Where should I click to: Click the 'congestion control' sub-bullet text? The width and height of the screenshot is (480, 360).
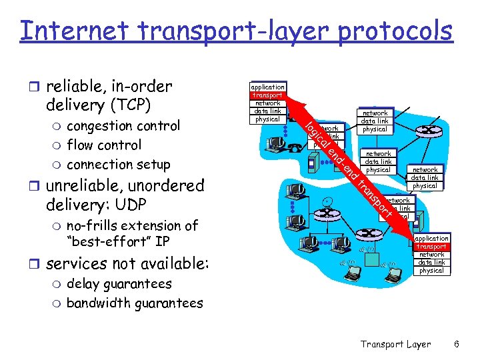point(123,126)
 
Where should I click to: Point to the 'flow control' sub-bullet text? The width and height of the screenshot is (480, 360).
point(104,145)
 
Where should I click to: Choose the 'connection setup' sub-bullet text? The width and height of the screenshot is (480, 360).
point(119,165)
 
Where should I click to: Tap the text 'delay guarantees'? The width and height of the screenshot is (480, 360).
point(119,284)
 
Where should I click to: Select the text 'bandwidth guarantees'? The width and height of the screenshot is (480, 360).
point(135,303)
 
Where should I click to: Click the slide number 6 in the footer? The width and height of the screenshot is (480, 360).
point(456,345)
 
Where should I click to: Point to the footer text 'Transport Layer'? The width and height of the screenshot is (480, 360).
point(395,345)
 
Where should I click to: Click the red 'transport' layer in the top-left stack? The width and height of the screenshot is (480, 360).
point(267,95)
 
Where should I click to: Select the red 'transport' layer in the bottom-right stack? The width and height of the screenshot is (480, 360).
point(431,247)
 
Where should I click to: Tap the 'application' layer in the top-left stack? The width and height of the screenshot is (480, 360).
point(267,87)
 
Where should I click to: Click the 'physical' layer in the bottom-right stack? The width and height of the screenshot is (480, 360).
point(431,271)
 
